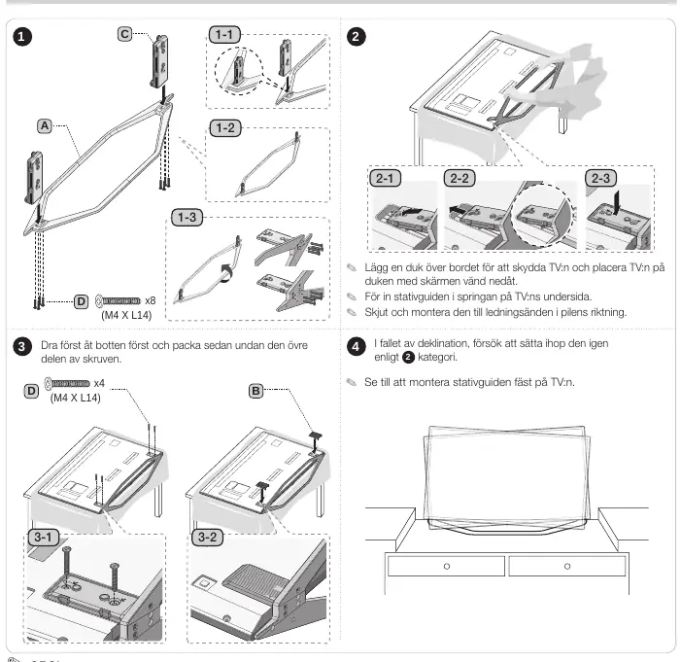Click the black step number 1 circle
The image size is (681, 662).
tap(22, 37)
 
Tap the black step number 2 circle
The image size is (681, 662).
tap(356, 37)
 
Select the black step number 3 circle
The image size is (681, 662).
tap(22, 347)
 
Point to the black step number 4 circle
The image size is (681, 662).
tap(356, 347)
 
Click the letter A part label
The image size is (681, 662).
tap(45, 126)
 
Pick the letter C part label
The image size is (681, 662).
tap(124, 34)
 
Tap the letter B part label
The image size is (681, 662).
tap(255, 391)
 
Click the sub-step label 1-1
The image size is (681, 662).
tap(224, 34)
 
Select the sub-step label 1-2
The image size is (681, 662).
tap(225, 127)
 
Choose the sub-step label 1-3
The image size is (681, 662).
tap(187, 217)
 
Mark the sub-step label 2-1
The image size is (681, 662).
tap(385, 178)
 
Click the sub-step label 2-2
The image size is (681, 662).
tap(460, 178)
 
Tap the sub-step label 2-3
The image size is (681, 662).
tap(600, 178)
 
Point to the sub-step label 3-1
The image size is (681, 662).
tap(43, 538)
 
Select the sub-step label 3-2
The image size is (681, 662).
tap(207, 538)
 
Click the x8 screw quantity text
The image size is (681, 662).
tap(151, 300)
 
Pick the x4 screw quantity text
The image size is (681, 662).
tap(99, 383)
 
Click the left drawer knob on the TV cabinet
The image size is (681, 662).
tap(447, 567)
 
